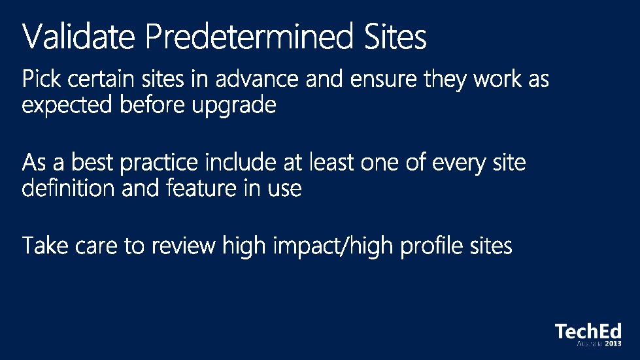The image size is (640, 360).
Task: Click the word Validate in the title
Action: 78,37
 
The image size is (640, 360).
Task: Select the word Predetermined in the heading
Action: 249,37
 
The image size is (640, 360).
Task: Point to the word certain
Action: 101,78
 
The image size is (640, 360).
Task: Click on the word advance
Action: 257,78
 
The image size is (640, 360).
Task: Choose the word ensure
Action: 383,79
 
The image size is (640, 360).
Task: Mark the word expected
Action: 67,105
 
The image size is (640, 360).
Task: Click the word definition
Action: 69,188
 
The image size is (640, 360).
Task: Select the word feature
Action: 201,188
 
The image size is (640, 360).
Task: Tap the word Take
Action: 45,246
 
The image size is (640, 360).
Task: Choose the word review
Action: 184,246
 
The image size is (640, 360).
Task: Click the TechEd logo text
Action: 588,331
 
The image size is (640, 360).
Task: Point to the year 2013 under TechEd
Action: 613,344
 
